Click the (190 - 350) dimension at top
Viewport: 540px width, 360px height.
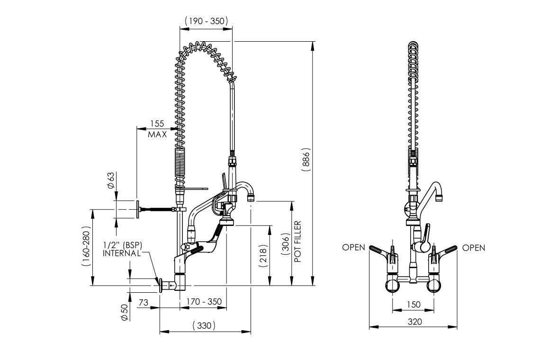coord(206,21)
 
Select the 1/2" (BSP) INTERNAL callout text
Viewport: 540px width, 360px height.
coord(123,249)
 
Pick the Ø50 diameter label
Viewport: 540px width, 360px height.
coord(124,312)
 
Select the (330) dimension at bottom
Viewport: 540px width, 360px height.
coord(204,325)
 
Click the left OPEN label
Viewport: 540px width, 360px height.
coord(354,248)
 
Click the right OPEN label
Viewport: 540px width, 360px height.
coord(473,248)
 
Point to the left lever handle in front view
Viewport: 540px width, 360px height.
coord(380,250)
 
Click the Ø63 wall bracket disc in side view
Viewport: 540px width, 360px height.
coord(137,209)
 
